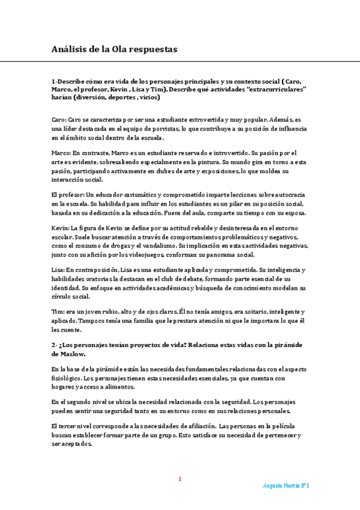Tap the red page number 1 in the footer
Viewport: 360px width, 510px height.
coord(179,479)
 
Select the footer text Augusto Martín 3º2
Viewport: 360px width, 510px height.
coord(286,485)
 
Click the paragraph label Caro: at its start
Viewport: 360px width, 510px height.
coord(58,120)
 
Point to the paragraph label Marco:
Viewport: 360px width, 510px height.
coord(61,153)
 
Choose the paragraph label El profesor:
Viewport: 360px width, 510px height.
coord(68,195)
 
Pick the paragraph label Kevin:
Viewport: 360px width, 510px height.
coord(60,229)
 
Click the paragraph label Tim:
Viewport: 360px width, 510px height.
coord(58,312)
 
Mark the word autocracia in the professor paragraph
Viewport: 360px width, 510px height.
coord(287,195)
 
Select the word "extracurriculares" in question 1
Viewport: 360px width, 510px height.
coord(268,89)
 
